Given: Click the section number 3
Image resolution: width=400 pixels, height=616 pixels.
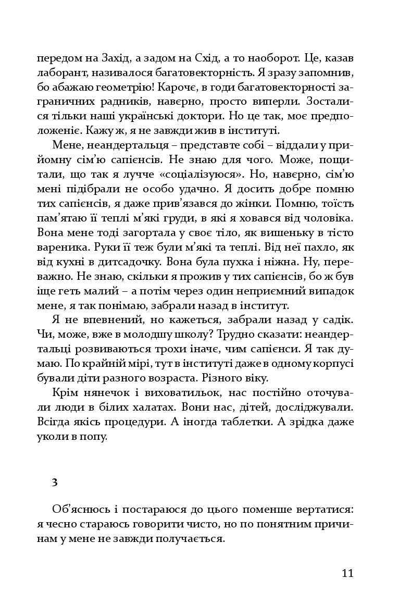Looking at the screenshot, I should point(55,482).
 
